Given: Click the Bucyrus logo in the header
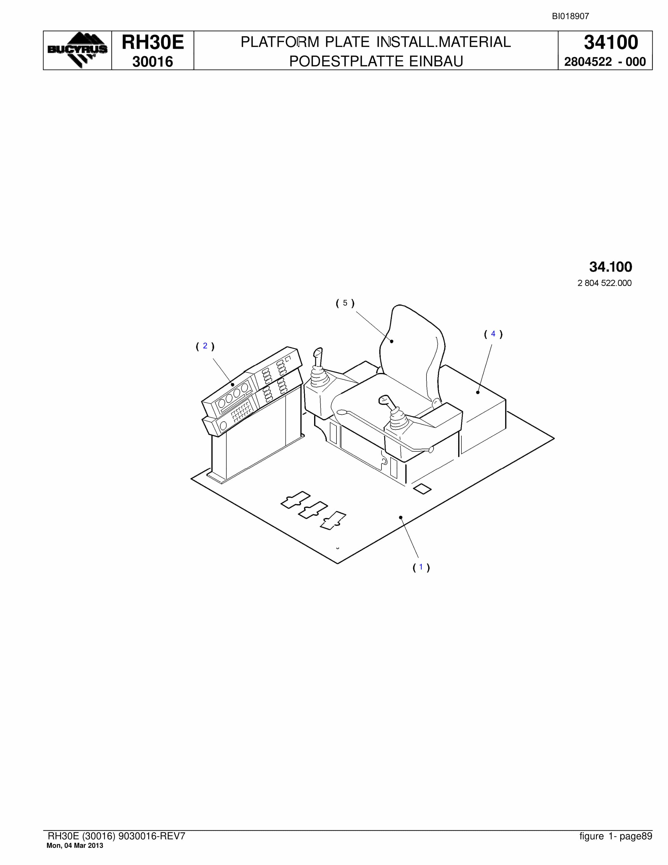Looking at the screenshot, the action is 77,50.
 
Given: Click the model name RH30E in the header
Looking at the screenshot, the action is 153,42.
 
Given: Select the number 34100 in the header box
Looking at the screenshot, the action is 611,42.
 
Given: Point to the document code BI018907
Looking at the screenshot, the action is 570,16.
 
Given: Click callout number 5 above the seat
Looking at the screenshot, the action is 345,303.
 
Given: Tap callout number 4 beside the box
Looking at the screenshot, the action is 493,334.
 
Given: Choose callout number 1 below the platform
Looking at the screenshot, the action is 421,567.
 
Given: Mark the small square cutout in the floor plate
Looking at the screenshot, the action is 422,489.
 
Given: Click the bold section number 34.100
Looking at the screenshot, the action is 611,267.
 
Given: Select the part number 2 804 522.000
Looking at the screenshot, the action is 604,283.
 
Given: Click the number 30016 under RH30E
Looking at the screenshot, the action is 153,62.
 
